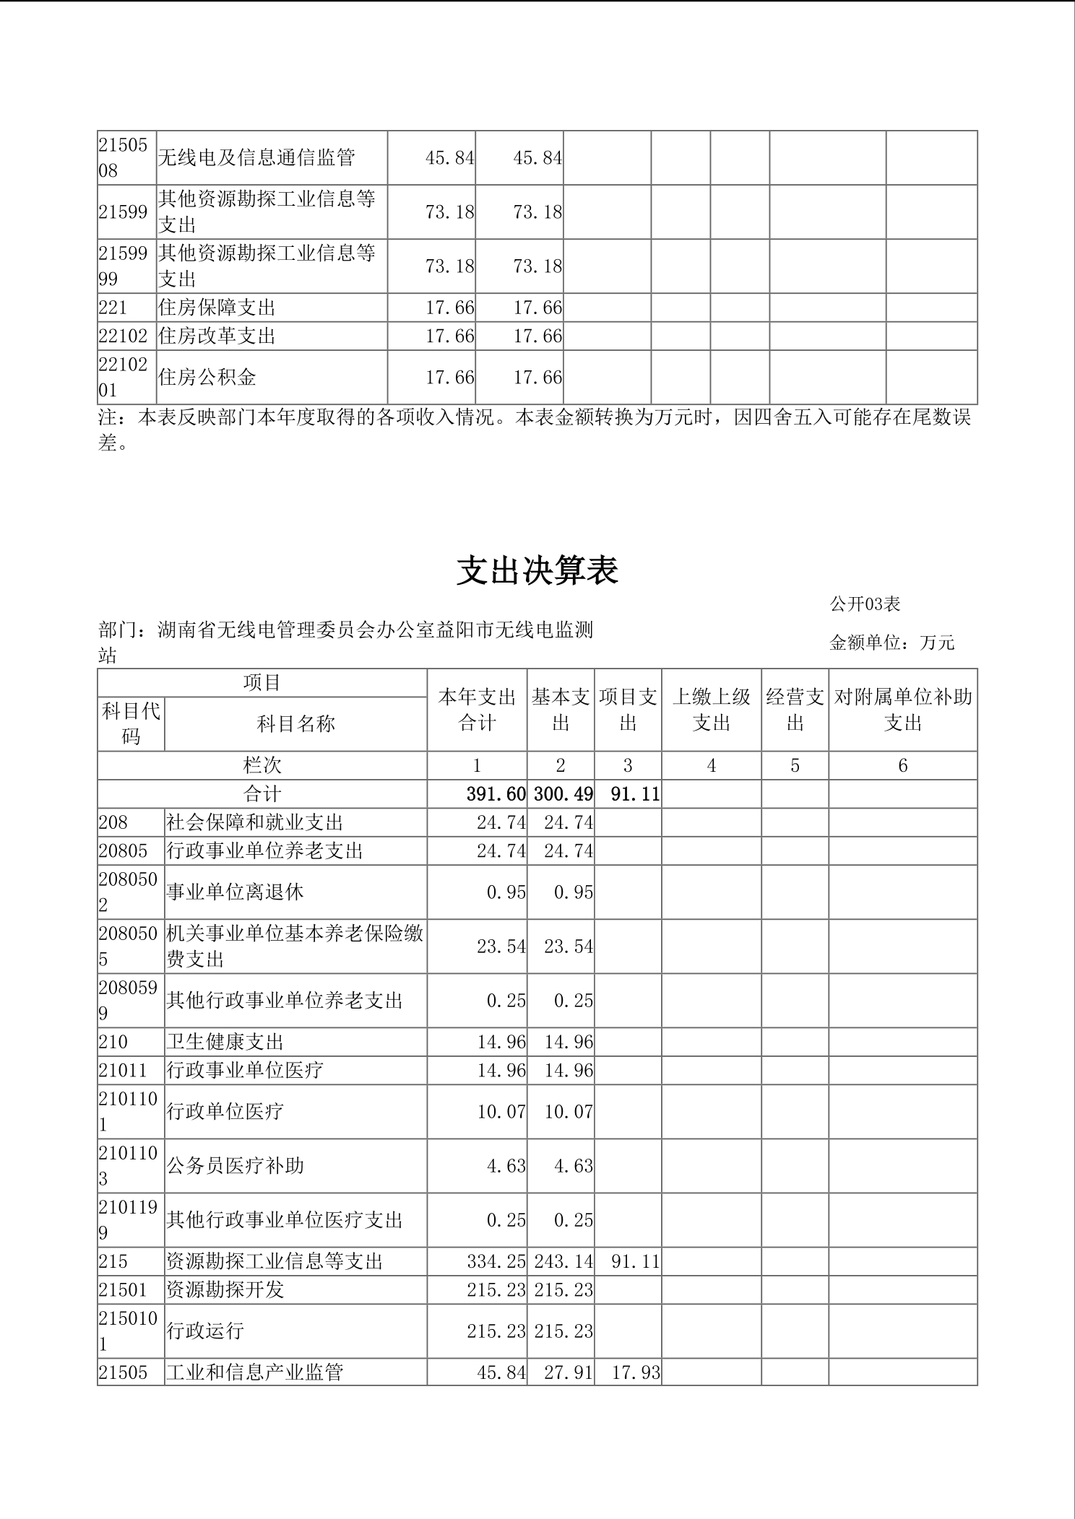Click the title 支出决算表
click(x=537, y=571)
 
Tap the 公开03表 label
click(x=865, y=604)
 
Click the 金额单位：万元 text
click(x=892, y=642)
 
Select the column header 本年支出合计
click(x=477, y=710)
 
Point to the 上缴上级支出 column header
click(x=711, y=710)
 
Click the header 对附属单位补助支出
click(x=902, y=710)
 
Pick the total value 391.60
click(x=496, y=794)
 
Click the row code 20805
click(x=123, y=850)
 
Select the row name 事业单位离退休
click(x=236, y=892)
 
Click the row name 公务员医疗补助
click(x=236, y=1165)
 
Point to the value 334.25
click(x=496, y=1261)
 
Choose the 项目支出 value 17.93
click(x=636, y=1372)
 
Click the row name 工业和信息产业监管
click(x=255, y=1372)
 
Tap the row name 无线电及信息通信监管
click(x=256, y=157)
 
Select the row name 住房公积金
click(x=207, y=377)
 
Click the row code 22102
click(x=123, y=336)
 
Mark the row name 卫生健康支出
click(x=225, y=1041)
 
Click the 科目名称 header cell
click(x=295, y=723)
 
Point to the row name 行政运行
click(x=206, y=1331)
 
